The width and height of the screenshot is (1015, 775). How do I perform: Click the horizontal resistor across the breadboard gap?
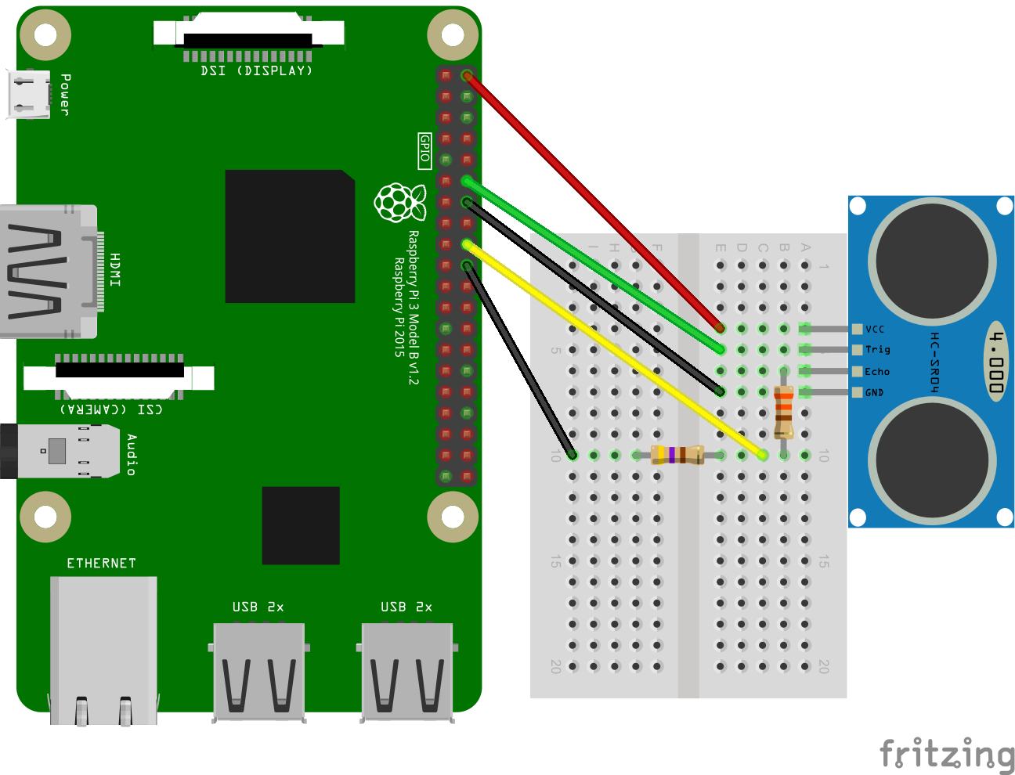pyautogui.click(x=677, y=455)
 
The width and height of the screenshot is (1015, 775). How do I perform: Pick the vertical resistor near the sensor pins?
pyautogui.click(x=783, y=412)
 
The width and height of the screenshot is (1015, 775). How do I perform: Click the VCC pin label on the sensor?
pyautogui.click(x=875, y=330)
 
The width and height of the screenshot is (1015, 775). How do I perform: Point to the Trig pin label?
pyautogui.click(x=877, y=350)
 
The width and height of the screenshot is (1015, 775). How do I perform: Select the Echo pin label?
pyautogui.click(x=877, y=372)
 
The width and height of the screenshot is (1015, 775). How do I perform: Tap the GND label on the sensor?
pyautogui.click(x=874, y=393)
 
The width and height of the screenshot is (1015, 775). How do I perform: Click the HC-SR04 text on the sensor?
pyautogui.click(x=934, y=362)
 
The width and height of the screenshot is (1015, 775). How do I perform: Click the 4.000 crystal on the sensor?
pyautogui.click(x=995, y=361)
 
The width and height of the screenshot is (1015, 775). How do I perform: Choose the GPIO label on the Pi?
pyautogui.click(x=424, y=150)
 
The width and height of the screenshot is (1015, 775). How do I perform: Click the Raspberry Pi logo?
pyautogui.click(x=400, y=202)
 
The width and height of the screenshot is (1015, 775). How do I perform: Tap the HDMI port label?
pyautogui.click(x=115, y=269)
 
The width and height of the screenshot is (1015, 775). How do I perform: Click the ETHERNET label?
pyautogui.click(x=102, y=564)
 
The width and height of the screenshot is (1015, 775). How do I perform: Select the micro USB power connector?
pyautogui.click(x=29, y=94)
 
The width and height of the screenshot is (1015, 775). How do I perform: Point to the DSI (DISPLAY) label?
pyautogui.click(x=256, y=71)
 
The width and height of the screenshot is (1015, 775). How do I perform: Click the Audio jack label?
pyautogui.click(x=132, y=455)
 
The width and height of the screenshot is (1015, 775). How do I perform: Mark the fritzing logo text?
pyautogui.click(x=947, y=754)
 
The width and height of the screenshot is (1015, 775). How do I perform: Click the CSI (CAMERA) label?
pyautogui.click(x=112, y=409)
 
